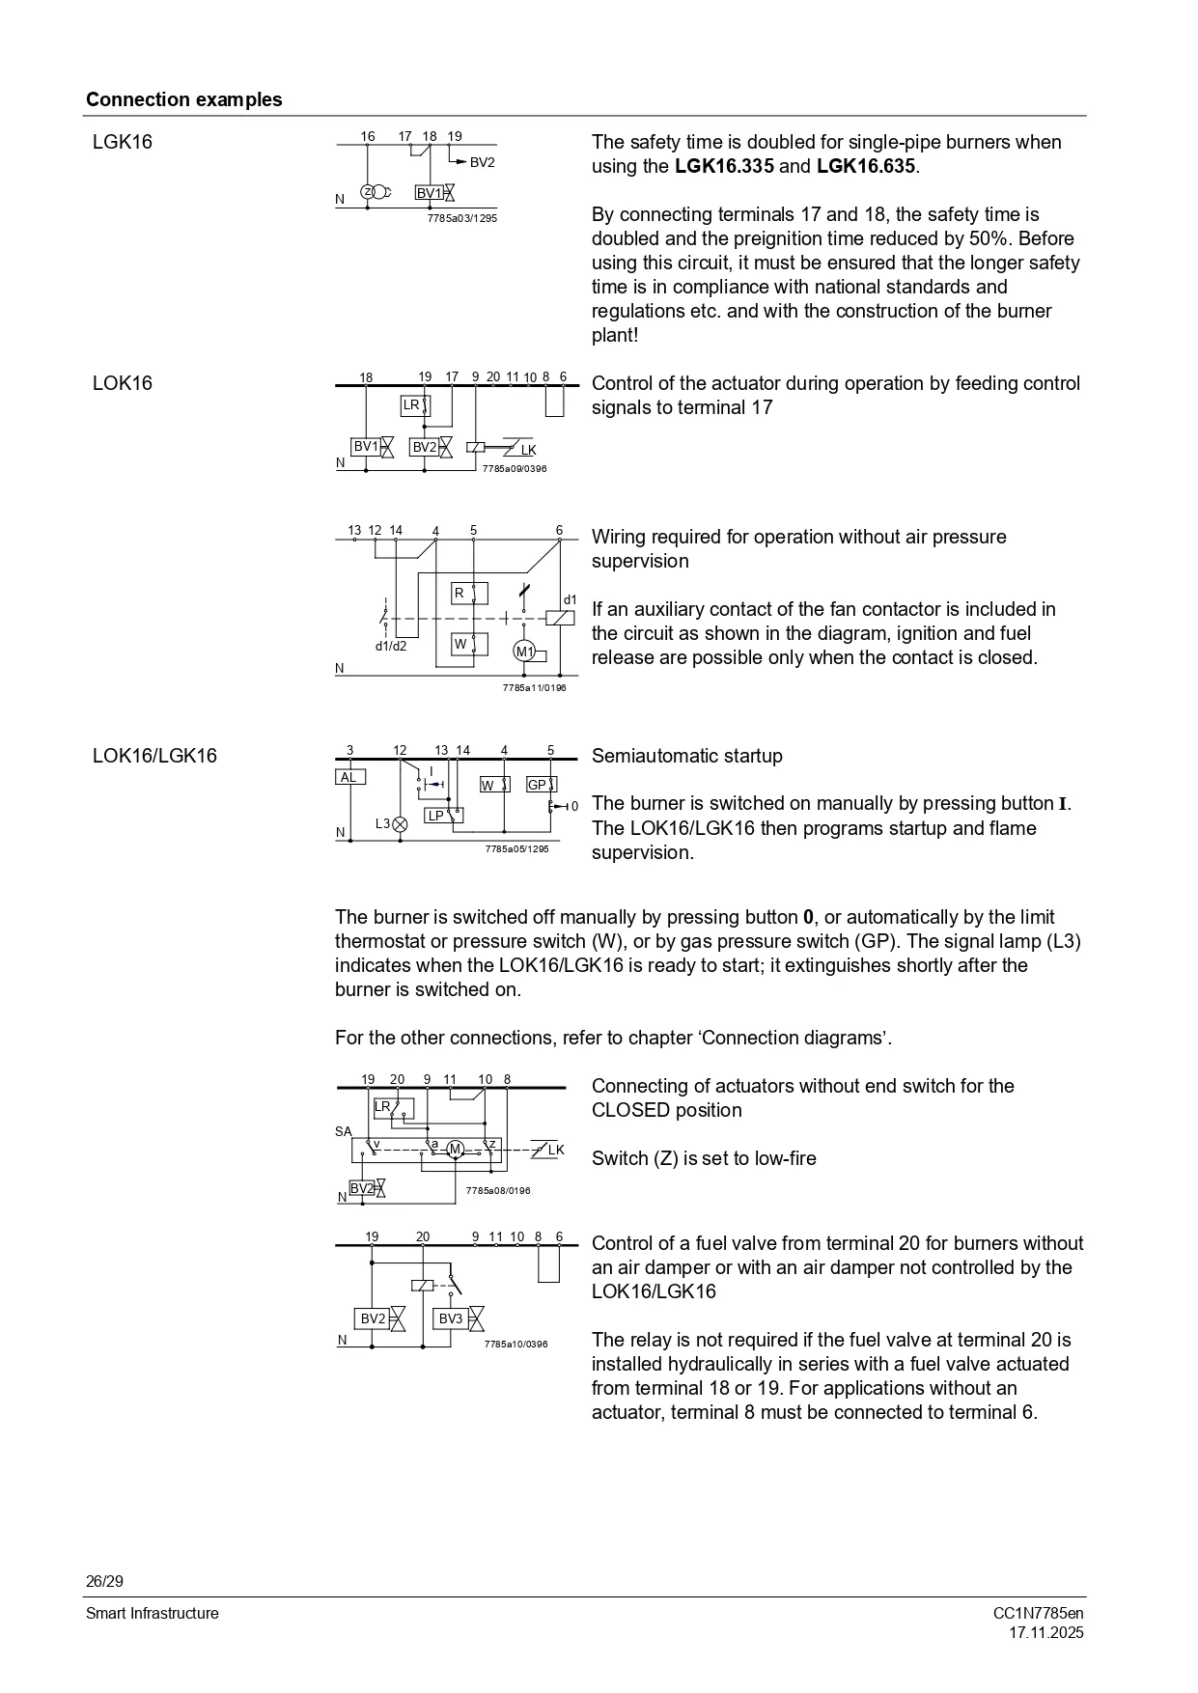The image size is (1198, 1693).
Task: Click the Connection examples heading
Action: [183, 99]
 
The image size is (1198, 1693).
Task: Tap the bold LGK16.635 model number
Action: [865, 166]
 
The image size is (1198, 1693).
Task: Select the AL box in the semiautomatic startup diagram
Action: [349, 777]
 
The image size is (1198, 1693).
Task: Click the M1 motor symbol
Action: [524, 652]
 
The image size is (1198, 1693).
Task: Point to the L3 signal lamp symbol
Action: [400, 823]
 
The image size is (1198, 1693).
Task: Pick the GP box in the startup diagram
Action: [538, 785]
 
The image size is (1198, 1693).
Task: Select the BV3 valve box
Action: [451, 1318]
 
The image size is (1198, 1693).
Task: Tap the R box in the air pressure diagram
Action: [460, 593]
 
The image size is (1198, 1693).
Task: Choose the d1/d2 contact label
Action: [391, 646]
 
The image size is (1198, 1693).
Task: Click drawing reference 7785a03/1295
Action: [461, 219]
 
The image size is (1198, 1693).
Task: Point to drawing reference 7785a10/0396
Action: [515, 1344]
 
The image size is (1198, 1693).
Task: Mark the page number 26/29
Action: [104, 1581]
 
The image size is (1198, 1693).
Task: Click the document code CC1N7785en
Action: [1038, 1613]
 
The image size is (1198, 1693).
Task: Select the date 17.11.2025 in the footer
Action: [1046, 1633]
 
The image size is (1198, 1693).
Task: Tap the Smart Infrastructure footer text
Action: [152, 1613]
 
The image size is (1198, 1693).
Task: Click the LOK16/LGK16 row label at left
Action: [154, 756]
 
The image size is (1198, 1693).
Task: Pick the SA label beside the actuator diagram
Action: [344, 1131]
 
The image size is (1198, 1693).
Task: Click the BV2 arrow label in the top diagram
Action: [482, 162]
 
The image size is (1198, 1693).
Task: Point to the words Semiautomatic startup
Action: [686, 756]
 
